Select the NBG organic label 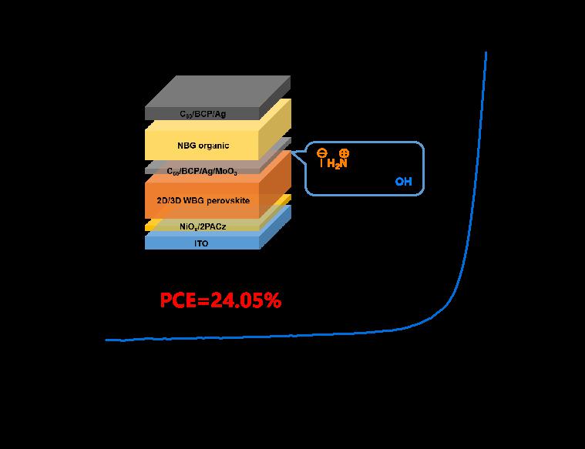point(203,145)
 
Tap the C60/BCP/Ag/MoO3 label point(203,170)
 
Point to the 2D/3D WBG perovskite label point(203,200)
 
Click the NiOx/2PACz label point(203,226)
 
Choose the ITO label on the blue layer point(203,243)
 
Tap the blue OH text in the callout point(403,182)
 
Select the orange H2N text point(338,163)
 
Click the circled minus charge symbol point(321,152)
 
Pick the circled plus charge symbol point(344,152)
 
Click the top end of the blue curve point(486,52)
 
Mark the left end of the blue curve point(106,339)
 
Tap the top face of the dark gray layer point(218,91)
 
